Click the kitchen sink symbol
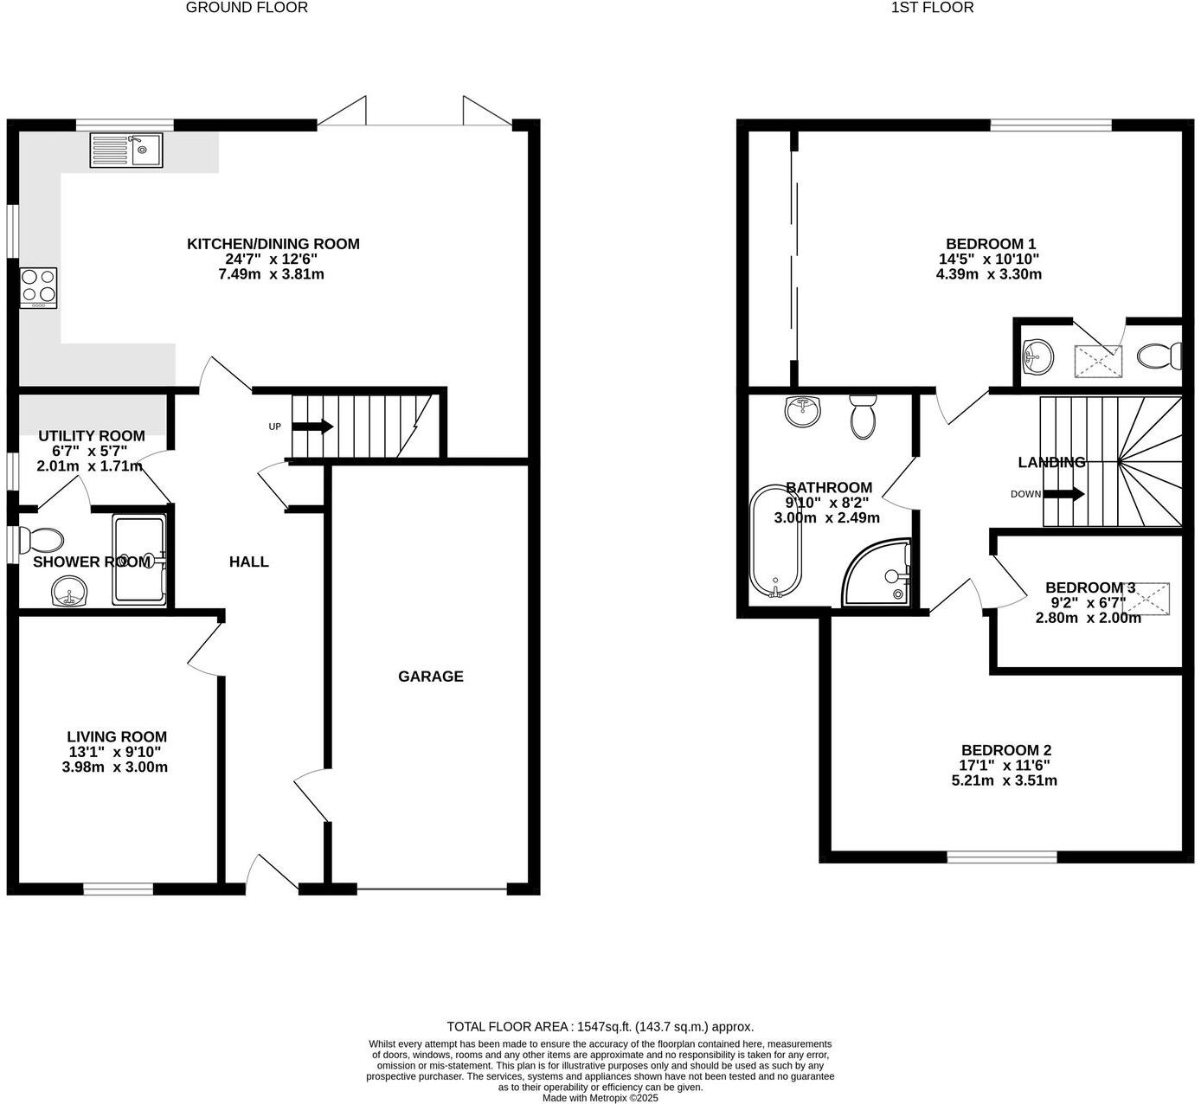[125, 151]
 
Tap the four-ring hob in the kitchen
[39, 287]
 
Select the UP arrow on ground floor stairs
[313, 427]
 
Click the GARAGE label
[430, 677]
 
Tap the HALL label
[248, 562]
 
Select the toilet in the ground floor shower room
[42, 541]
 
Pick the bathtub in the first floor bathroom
[776, 542]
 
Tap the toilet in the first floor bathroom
[863, 416]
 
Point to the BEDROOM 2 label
[1006, 750]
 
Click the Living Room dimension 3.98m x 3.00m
[115, 767]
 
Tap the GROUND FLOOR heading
[247, 8]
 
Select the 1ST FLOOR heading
[932, 8]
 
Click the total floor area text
[600, 1027]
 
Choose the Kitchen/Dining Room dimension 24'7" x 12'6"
[273, 259]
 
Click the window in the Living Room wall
[119, 888]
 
